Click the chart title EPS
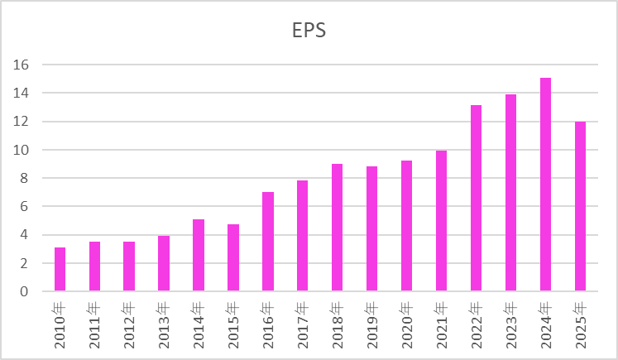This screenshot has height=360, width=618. point(309,31)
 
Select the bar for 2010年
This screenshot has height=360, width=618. point(60,269)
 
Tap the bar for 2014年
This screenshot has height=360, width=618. point(199,255)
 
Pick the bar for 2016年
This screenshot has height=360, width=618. point(268,242)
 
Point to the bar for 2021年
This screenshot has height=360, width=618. point(442,221)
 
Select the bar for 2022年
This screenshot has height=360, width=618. point(477,199)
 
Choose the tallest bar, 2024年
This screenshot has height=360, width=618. point(546,185)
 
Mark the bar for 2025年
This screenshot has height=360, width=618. point(581,206)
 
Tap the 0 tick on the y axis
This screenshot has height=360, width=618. point(26,291)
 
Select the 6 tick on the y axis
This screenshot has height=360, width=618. point(26,206)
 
